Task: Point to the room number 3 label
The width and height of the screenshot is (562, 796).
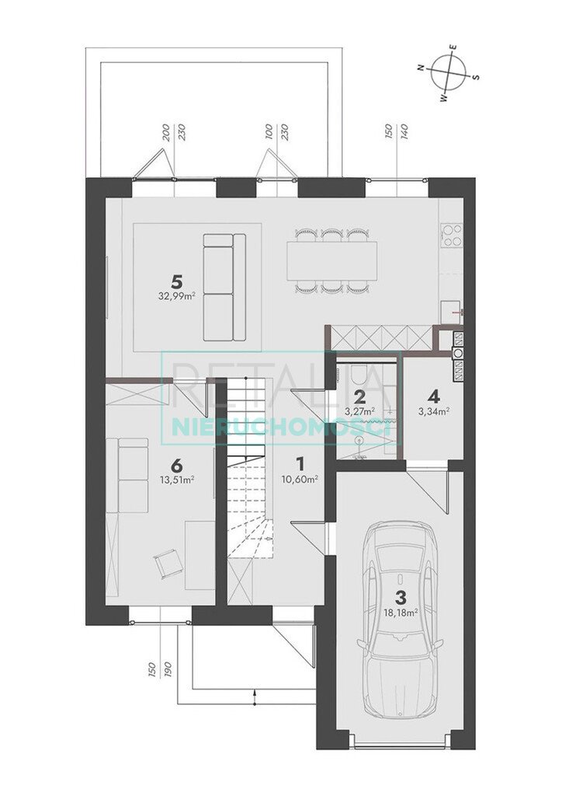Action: click(x=400, y=597)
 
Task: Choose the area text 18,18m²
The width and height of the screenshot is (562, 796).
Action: click(x=401, y=613)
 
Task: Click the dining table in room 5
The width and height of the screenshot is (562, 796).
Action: click(x=332, y=261)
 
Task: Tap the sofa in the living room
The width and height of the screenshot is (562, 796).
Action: click(x=224, y=287)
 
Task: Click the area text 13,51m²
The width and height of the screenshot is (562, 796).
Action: click(x=176, y=480)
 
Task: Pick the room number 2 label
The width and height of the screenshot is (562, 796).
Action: click(x=359, y=396)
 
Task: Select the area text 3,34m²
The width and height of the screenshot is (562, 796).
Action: click(x=434, y=411)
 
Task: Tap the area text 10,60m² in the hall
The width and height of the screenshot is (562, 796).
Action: click(x=300, y=480)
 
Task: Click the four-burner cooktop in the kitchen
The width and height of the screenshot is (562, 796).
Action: click(x=452, y=236)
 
